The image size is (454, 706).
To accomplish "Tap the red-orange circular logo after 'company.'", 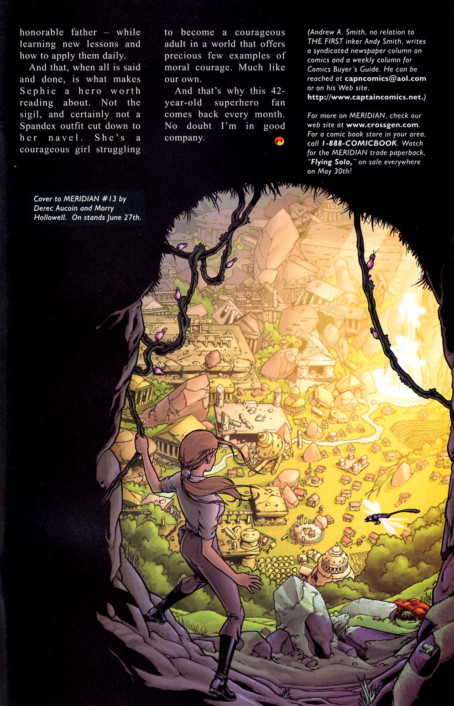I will tap(279, 141).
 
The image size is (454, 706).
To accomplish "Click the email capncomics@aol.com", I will tap(386, 78).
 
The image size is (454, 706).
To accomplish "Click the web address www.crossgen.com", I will tap(382, 125).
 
